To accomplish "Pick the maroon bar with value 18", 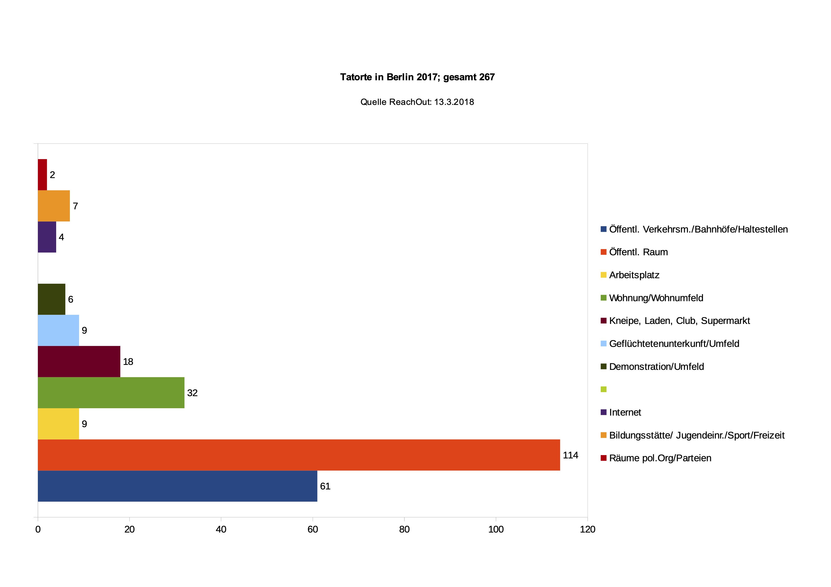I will click(x=79, y=361).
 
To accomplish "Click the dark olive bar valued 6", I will click(x=51, y=299).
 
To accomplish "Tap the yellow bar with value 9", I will click(x=58, y=424).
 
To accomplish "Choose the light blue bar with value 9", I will click(x=58, y=330).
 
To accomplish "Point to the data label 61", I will click(x=325, y=486).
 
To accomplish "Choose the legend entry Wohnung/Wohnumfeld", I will click(x=656, y=298).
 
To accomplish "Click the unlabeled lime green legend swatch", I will click(x=603, y=389).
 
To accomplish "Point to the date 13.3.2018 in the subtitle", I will click(x=454, y=102).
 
